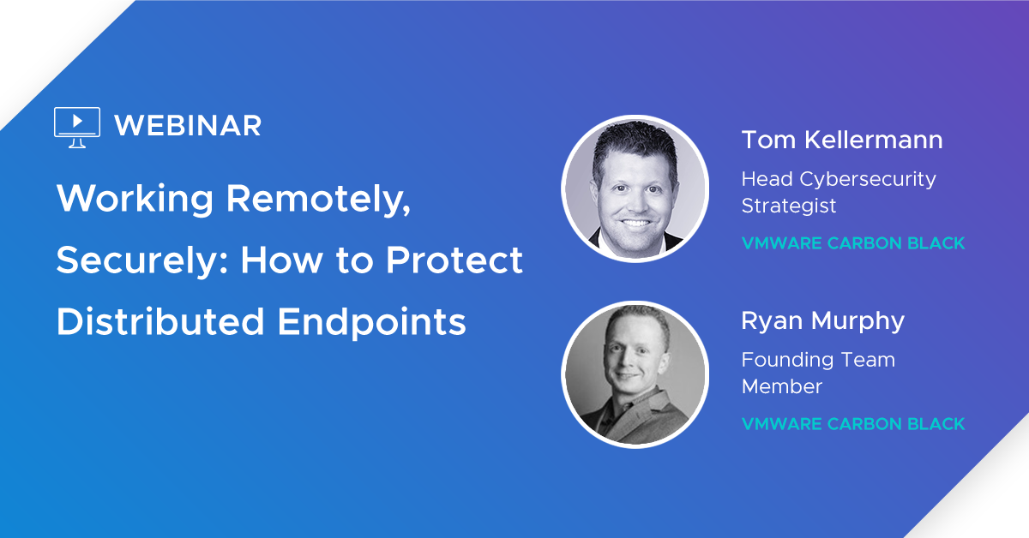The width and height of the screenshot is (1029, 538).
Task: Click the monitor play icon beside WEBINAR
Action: coord(77,127)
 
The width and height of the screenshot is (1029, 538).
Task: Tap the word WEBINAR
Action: coord(188,126)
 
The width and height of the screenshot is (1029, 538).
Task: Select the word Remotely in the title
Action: coord(318,200)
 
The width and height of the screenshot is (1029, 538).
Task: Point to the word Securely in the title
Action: coord(142,260)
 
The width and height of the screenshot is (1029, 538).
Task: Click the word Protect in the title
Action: coord(454,260)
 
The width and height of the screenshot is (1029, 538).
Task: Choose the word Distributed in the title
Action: coord(160,321)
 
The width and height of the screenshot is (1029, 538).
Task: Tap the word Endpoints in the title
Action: coord(371,322)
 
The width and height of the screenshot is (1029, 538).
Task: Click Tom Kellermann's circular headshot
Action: coord(635,188)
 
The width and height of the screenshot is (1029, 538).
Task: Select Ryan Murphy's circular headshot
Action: coord(635,374)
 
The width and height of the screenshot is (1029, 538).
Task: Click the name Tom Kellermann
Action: coord(842,140)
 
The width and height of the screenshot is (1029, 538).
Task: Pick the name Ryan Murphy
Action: coord(822,321)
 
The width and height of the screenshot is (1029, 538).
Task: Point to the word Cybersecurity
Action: coord(867,180)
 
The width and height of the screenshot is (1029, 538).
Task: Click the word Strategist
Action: coord(789,206)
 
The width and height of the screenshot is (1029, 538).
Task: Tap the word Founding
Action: coord(789,361)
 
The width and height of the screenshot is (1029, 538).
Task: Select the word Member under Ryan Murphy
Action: coord(782,386)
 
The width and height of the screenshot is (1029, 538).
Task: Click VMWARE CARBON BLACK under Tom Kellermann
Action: coord(853,242)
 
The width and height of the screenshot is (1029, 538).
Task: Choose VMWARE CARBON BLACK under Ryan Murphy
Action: coord(853,424)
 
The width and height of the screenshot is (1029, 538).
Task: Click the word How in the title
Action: coord(282,260)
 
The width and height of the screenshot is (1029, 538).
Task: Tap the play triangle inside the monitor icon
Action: coord(78,121)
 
